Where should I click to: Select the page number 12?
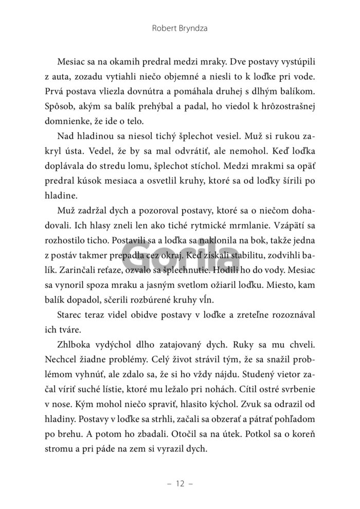click(x=179, y=484)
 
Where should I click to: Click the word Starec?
click(x=79, y=320)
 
